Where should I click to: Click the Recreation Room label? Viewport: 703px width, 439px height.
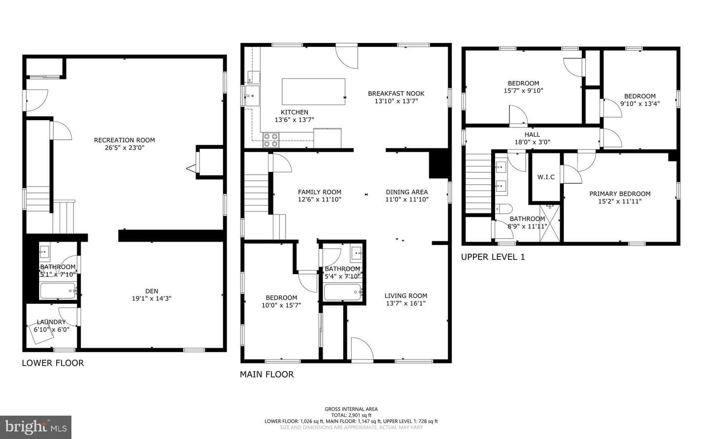pos(124,140)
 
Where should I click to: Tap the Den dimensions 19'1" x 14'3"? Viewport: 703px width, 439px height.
pos(151,299)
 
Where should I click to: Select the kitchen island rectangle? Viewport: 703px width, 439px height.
pos(313,91)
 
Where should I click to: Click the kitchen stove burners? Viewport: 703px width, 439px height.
pos(271,140)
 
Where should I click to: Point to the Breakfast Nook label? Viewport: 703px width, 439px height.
pos(396,93)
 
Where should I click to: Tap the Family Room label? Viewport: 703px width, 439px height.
pos(319,192)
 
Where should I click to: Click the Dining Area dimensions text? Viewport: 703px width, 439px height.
pos(407,199)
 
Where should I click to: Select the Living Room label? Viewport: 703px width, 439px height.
pos(406,295)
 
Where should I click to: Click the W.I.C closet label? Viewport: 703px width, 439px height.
pos(546,177)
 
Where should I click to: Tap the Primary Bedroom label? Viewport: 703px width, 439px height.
pos(620,194)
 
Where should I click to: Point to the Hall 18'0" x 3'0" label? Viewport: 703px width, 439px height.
pos(532,138)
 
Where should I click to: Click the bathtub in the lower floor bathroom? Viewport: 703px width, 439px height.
pos(58,291)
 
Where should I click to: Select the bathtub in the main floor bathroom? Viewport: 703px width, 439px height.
pos(343,293)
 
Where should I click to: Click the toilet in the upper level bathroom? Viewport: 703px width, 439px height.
pos(503,209)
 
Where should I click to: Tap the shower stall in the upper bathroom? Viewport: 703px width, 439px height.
pos(550,223)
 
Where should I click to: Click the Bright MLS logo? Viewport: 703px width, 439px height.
pos(36,427)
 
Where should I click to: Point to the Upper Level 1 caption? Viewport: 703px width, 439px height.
pos(493,257)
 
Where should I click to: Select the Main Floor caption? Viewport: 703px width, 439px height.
pos(267,375)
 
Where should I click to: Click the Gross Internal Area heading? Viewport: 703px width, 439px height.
pos(351,409)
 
